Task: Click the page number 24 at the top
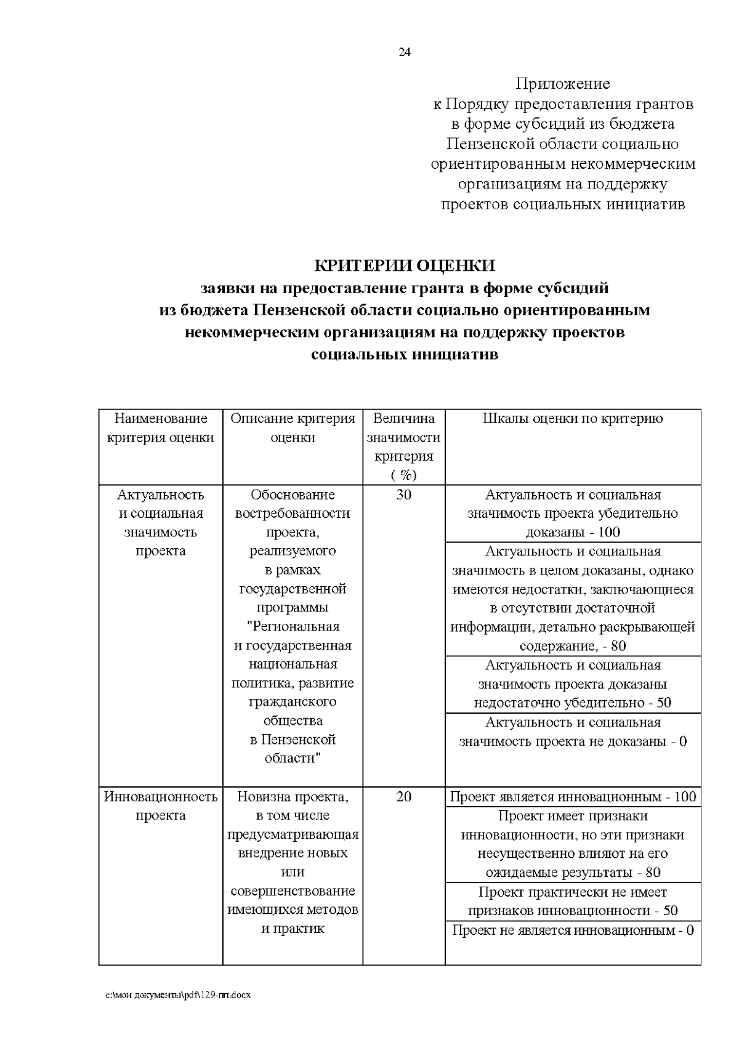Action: click(405, 52)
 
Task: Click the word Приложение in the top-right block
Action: click(562, 83)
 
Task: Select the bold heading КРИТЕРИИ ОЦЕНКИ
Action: click(405, 265)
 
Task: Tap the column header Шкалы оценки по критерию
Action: click(572, 419)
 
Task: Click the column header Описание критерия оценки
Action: click(293, 428)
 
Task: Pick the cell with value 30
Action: click(403, 494)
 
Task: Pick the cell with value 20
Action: click(403, 797)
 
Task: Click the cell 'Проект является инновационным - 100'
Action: click(572, 797)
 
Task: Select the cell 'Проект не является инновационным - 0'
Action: click(572, 930)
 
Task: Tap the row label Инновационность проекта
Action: click(160, 806)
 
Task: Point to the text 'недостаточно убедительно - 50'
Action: click(572, 703)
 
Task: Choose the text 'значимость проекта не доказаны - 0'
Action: click(572, 741)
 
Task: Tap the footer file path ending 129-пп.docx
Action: click(178, 995)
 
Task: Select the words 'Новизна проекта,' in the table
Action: click(293, 797)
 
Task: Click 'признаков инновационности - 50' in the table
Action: click(572, 911)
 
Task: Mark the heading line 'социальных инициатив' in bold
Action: click(405, 355)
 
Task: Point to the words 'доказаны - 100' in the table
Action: click(572, 533)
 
